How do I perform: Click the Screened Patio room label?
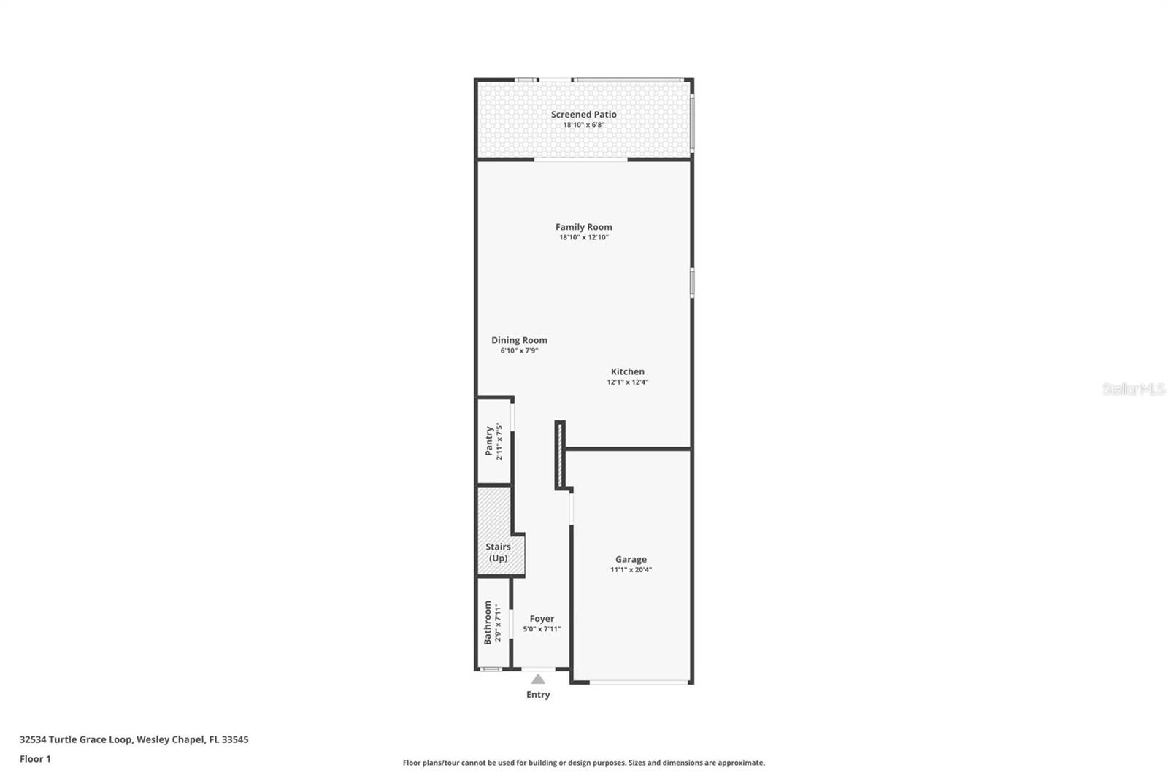point(583,115)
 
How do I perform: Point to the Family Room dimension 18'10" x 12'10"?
point(583,237)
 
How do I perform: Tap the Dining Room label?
point(519,340)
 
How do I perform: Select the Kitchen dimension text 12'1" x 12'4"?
point(628,382)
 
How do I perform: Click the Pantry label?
point(489,442)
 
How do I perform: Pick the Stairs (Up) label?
point(498,552)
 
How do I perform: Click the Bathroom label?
point(488,623)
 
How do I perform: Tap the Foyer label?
point(542,618)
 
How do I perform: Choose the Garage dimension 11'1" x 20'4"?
point(631,570)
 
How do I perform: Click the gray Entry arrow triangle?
point(538,679)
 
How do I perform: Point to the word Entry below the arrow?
point(538,695)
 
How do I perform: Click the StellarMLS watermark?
point(1133,389)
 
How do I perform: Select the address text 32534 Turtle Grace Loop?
point(76,739)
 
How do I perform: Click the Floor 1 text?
point(35,759)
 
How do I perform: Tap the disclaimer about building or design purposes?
point(583,763)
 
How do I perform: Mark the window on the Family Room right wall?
point(692,282)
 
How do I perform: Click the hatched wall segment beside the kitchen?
point(560,455)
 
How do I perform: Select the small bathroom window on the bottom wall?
point(491,669)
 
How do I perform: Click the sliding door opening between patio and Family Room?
point(581,159)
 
